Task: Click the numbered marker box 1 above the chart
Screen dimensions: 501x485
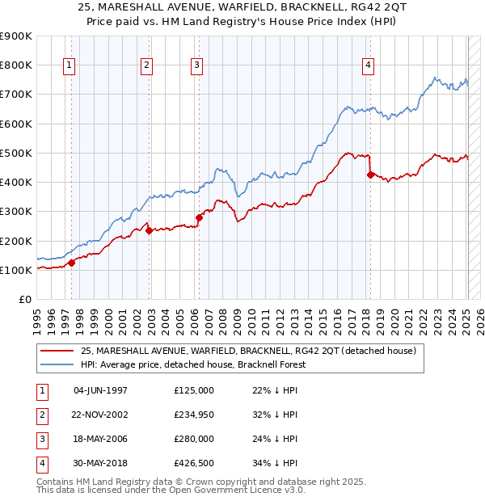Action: point(70,66)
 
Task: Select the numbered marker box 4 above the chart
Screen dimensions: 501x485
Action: point(368,66)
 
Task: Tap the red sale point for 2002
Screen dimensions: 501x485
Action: point(150,230)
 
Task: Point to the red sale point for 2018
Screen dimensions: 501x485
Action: point(370,174)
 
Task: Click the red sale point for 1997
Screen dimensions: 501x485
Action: point(71,263)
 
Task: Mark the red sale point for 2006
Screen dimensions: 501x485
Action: point(199,217)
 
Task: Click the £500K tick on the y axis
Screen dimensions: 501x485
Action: point(18,153)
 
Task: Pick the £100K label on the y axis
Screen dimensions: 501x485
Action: point(18,270)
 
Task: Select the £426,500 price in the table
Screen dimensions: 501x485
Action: point(194,464)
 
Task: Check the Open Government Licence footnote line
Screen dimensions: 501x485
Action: point(171,490)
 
